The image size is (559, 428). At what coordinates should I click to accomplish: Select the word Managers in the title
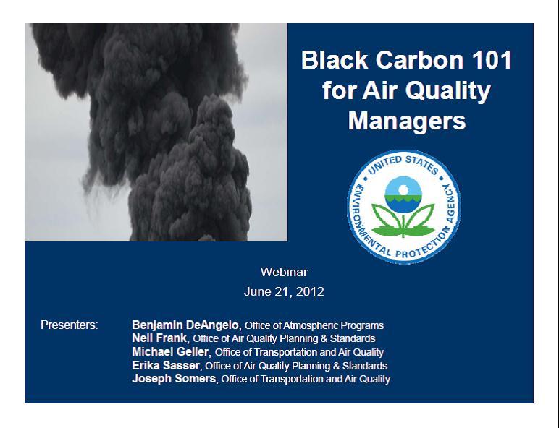coord(407,121)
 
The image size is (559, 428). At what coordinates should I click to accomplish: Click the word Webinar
coord(284,272)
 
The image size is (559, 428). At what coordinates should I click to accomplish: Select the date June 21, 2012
coord(284,291)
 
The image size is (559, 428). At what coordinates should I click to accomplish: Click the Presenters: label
coord(70,325)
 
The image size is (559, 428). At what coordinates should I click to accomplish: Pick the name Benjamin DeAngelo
coord(185,325)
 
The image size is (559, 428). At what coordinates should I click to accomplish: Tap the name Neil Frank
coord(159,338)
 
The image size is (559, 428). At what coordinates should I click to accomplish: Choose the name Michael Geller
coord(170,352)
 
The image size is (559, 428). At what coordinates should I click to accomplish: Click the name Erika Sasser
coord(166,365)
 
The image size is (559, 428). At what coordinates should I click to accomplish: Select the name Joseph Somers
coord(174,378)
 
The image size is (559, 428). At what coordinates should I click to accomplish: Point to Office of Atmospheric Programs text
coord(314,325)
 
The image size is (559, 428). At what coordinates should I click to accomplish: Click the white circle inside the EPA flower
coord(403,190)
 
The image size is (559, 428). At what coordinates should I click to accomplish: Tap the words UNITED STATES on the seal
coord(403,164)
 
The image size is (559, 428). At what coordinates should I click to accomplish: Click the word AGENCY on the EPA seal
coord(450,204)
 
